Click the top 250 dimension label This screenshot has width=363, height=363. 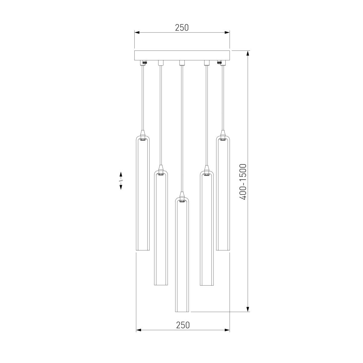182,28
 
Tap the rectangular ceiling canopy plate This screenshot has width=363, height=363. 182,56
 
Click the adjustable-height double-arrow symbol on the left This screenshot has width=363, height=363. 121,181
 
